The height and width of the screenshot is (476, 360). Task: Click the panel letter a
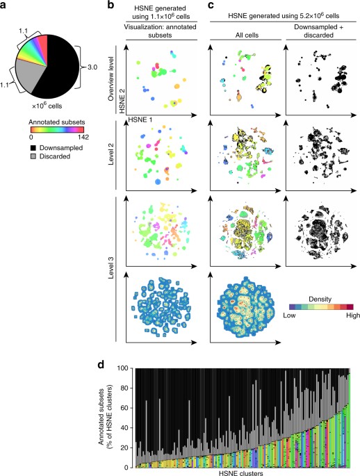coord(4,6)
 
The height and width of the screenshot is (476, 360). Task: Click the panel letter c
coord(208,6)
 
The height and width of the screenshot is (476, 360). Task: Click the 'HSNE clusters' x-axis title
coord(241,470)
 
